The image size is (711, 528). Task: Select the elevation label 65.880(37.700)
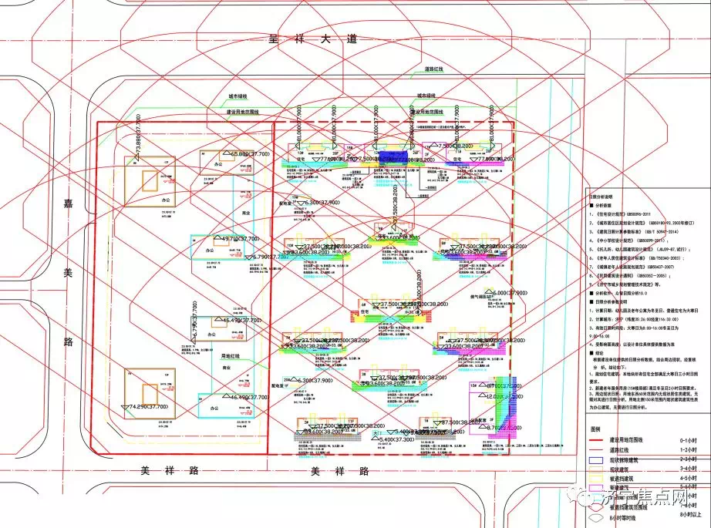click(244, 154)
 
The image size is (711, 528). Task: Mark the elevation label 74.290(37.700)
click(140, 406)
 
